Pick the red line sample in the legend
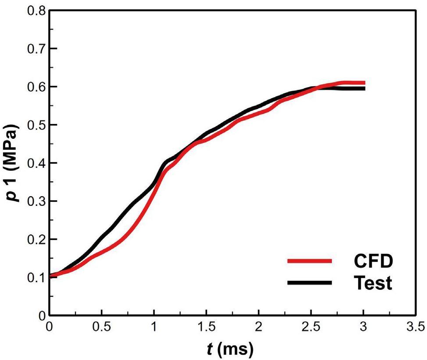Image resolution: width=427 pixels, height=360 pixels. tap(309, 261)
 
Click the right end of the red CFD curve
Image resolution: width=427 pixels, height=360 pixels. tap(364, 83)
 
